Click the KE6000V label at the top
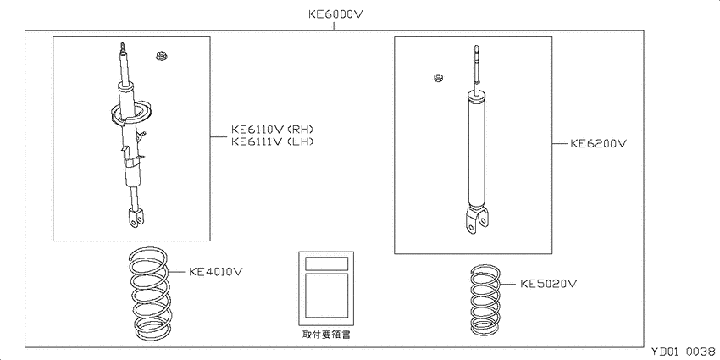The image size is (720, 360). coord(335,14)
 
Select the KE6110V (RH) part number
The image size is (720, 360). coord(273,129)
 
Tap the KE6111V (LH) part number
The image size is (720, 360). coord(273,141)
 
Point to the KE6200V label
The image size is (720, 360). coord(598,144)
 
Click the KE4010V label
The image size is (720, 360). coord(216,271)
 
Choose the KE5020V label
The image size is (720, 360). coord(548,284)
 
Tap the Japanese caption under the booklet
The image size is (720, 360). coord(326,335)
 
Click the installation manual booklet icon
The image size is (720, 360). coord(326,289)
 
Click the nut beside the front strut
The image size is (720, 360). coord(160,57)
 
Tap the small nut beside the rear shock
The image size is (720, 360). coord(438,78)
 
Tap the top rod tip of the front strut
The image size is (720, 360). coord(123,47)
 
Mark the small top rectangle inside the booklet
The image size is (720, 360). coord(326,263)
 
